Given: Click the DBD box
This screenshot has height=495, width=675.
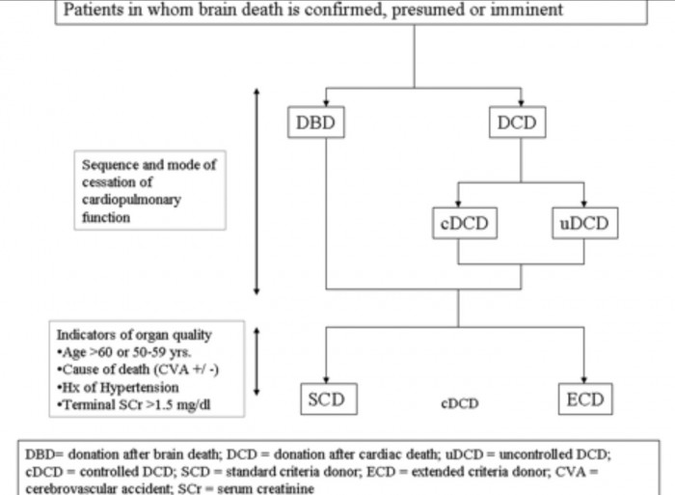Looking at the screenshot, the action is pos(316,123).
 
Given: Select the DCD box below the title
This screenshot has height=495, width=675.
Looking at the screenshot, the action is pos(518,123).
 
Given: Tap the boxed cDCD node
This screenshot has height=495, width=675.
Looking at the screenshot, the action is pos(465,223).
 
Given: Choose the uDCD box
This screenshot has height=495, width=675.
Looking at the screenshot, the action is pos(585,223).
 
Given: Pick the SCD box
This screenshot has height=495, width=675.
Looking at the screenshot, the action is pos(329,399).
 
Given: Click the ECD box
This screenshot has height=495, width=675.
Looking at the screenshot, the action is pos(585,399).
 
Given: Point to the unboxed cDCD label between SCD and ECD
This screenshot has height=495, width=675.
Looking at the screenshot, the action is pos(460,403).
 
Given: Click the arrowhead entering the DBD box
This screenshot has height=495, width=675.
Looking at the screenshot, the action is pos(326,103).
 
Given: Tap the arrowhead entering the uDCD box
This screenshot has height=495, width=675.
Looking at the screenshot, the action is pos(583,205).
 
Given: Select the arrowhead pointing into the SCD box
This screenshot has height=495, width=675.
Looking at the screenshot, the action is pos(326,380).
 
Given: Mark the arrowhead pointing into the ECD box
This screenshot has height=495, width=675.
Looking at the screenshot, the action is pos(583,380).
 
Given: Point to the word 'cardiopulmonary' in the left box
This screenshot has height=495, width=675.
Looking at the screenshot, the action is pos(131,201).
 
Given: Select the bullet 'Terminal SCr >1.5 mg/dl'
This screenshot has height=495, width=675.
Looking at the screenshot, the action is pos(134,405).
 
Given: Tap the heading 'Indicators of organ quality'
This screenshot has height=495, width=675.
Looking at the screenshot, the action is pos(134,335).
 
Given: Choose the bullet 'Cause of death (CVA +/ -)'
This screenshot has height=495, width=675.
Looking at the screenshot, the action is pos(138,370).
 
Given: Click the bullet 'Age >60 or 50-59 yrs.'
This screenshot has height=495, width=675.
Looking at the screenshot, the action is pos(124,352).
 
